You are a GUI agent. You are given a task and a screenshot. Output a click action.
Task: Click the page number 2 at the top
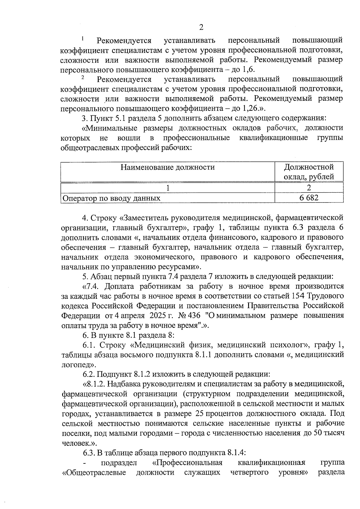201,27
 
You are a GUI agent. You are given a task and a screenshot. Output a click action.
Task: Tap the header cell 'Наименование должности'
168,167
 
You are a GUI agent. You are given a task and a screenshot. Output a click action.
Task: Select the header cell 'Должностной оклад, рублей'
309,172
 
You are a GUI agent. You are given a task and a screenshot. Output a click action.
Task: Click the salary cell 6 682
309,197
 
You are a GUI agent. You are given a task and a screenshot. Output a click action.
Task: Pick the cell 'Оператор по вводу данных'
111,198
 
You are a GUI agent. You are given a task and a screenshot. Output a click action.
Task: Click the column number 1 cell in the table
168,188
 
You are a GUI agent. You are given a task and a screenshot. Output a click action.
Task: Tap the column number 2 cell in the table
309,188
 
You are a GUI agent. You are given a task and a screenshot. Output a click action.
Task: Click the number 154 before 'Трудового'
298,296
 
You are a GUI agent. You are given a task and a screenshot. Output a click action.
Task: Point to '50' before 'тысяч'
318,433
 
